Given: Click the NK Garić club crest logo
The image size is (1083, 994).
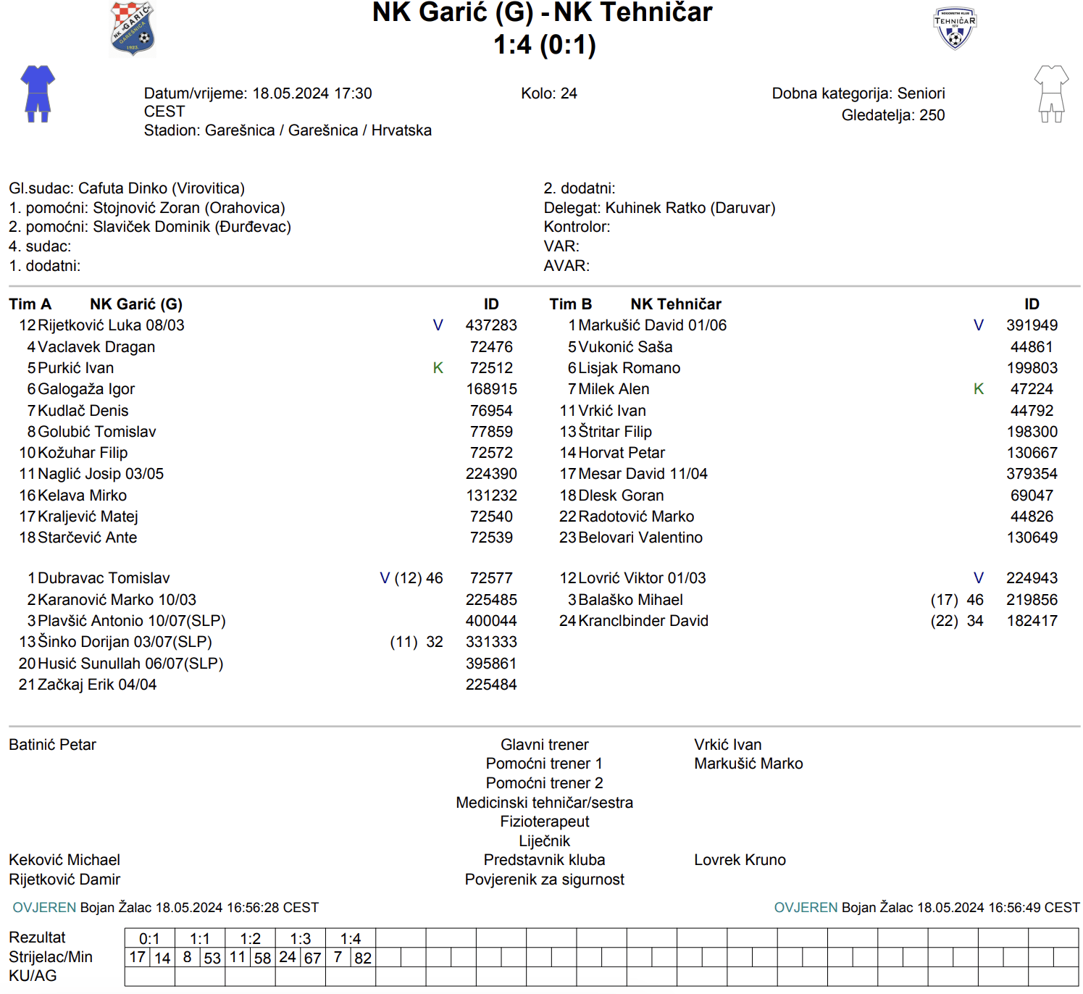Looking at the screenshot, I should click(x=133, y=29).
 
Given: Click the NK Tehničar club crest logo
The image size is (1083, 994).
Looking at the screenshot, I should click(x=955, y=28).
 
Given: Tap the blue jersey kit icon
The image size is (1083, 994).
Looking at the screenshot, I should click(x=38, y=93).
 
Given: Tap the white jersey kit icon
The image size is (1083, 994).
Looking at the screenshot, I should click(x=1051, y=93).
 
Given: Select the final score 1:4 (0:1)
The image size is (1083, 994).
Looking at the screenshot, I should click(x=545, y=45).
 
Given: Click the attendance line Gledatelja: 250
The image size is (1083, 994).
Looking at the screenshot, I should click(x=892, y=115).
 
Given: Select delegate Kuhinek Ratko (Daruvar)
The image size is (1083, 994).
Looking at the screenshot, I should click(x=690, y=208).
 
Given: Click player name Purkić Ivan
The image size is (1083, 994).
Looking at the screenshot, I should click(x=75, y=368).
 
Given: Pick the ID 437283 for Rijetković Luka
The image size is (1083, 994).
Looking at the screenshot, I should click(x=491, y=325).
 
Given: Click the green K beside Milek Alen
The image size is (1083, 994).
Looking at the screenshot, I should click(x=979, y=389).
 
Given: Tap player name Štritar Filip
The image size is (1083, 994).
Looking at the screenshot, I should click(x=615, y=432).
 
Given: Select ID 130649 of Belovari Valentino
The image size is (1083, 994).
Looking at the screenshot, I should click(x=1032, y=538).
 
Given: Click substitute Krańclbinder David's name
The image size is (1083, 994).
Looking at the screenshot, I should click(x=643, y=621).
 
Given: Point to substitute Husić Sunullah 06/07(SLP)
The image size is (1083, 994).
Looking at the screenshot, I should click(x=130, y=664).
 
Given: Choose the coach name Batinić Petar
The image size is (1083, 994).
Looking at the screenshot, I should click(x=52, y=745).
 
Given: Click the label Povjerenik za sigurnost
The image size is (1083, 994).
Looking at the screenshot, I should click(x=544, y=880).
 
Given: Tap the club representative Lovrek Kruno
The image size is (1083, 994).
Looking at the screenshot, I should click(x=740, y=860).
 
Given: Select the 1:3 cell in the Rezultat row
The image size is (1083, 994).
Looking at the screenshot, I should click(x=301, y=939).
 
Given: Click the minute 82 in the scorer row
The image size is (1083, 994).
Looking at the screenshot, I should click(x=363, y=958).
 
